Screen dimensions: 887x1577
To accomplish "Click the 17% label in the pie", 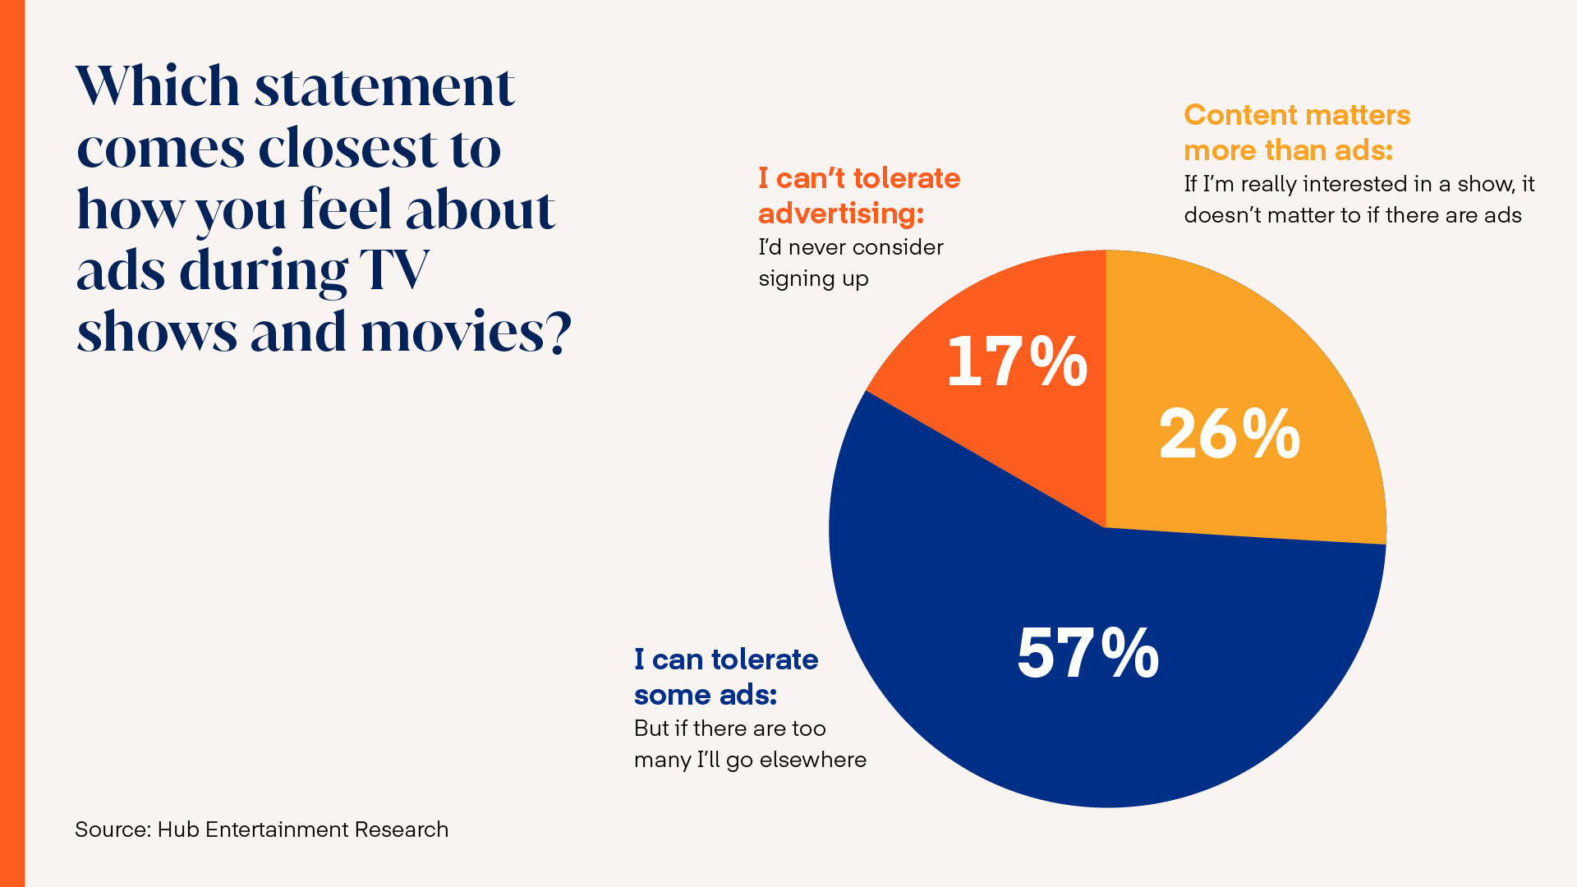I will coord(1017,361).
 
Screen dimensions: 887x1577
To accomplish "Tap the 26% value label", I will coord(1229,434).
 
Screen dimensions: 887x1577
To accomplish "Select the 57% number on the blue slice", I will coord(1087,653).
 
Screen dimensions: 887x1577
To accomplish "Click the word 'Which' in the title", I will coord(158,86).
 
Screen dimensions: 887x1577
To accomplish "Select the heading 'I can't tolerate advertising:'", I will coord(858,195).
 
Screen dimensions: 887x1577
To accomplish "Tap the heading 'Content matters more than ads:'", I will coord(1296,132).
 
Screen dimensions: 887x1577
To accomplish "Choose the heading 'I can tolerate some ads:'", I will coord(725,677).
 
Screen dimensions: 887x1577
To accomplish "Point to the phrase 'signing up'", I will coord(813,279).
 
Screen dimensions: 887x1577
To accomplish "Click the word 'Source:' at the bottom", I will coord(113,830).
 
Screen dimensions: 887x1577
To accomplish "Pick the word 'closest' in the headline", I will coord(348,149).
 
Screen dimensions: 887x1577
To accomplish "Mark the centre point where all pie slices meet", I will coord(1106,527).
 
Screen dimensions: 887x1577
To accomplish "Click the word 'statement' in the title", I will coord(384,86).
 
